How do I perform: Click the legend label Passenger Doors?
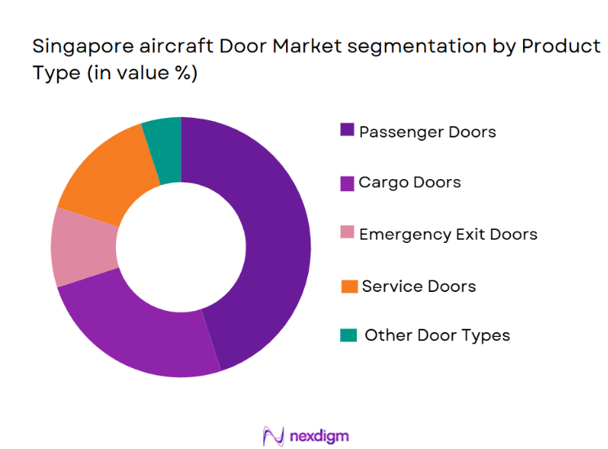[427, 131]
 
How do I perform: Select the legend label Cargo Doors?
[409, 182]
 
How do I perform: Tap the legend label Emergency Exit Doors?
[448, 234]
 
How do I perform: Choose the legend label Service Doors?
[418, 285]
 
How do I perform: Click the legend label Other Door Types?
[437, 335]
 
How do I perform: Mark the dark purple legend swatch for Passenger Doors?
[347, 131]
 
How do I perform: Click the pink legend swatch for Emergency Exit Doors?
[347, 234]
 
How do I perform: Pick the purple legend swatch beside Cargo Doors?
[347, 182]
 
